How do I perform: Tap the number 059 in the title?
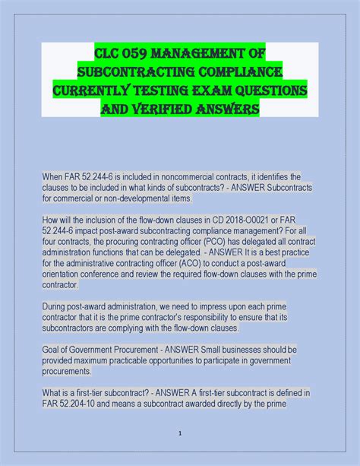[127, 54]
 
